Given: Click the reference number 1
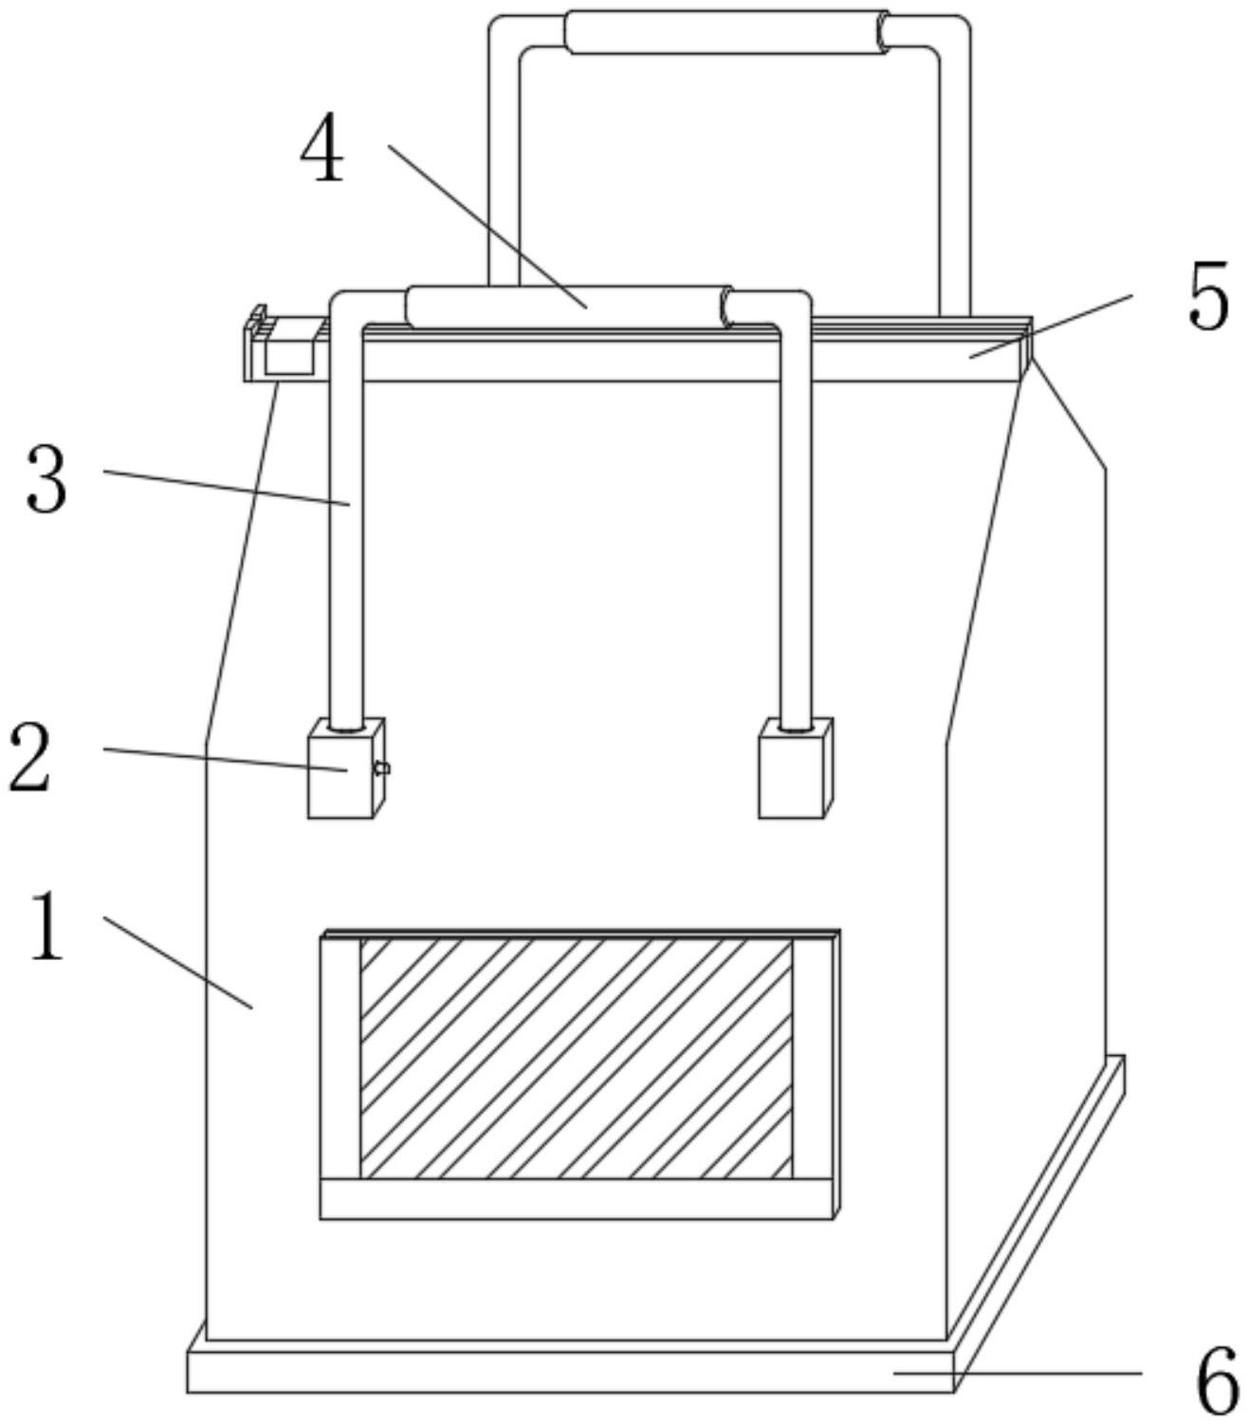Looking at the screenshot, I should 47,927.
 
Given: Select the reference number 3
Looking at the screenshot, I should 46,481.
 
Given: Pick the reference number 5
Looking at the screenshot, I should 1208,298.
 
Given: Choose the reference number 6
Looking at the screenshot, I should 1218,1380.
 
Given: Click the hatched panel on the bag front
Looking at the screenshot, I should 576,1058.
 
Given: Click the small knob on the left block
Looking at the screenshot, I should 382,768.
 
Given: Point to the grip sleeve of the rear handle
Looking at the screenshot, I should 726,31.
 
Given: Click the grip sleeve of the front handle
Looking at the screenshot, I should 567,306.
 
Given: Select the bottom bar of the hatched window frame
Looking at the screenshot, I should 576,1198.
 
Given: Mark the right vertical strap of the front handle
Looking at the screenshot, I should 796,531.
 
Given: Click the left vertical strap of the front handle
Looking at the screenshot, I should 346,531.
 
